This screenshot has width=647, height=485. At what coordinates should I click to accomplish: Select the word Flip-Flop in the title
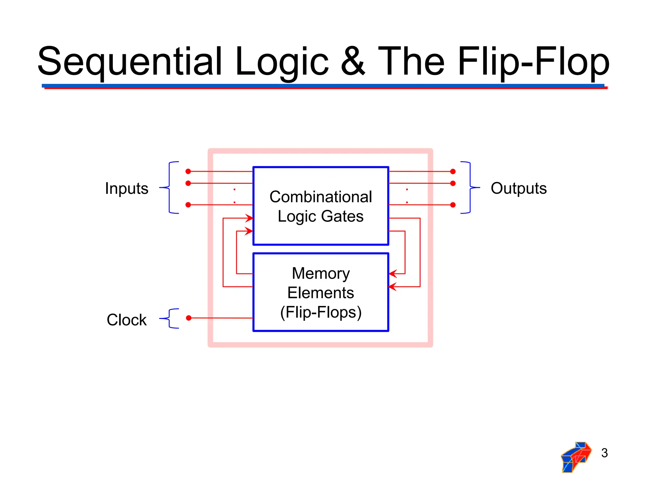533,62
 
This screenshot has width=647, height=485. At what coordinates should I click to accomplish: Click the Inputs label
127,189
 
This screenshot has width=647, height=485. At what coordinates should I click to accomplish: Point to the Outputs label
518,188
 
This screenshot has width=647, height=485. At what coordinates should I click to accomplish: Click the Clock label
127,320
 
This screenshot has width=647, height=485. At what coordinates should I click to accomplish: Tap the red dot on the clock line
189,318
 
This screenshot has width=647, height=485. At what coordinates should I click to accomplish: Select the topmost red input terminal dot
188,171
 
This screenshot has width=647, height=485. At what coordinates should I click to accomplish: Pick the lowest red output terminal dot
453,205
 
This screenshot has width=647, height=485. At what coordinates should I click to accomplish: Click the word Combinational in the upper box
321,197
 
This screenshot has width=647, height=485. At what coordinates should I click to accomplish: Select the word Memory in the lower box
321,273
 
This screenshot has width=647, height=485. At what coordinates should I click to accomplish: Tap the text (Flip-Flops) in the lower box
321,312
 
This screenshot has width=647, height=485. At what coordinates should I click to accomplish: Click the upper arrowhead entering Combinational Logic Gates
250,218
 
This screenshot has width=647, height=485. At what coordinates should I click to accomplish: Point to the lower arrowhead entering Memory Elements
392,287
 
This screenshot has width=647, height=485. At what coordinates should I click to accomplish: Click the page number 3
604,453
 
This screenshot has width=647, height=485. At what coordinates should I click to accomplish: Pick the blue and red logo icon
576,457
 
